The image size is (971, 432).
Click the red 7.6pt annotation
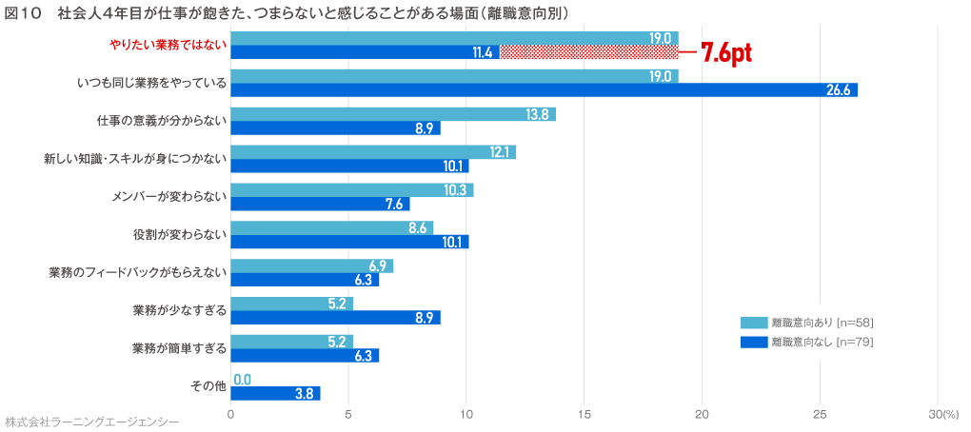pos(726,53)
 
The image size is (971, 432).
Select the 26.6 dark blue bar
pos(543,90)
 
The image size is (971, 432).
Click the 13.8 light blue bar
pos(392,114)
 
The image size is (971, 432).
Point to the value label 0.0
pos(242,380)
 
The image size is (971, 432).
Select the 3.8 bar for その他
pos(275,394)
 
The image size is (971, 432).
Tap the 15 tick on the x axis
pos(584,414)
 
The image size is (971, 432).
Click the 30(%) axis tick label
pos(943,414)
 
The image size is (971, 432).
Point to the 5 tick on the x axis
pos(348,414)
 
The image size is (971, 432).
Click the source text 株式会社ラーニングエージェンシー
pos(91,421)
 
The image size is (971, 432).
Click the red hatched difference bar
pos(588,52)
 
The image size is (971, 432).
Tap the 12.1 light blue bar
pos(372,152)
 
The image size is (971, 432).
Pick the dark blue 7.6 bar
pos(320,204)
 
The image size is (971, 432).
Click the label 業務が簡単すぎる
pos(179,348)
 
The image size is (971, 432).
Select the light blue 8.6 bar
pos(331,228)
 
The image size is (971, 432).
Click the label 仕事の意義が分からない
pos(162,121)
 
